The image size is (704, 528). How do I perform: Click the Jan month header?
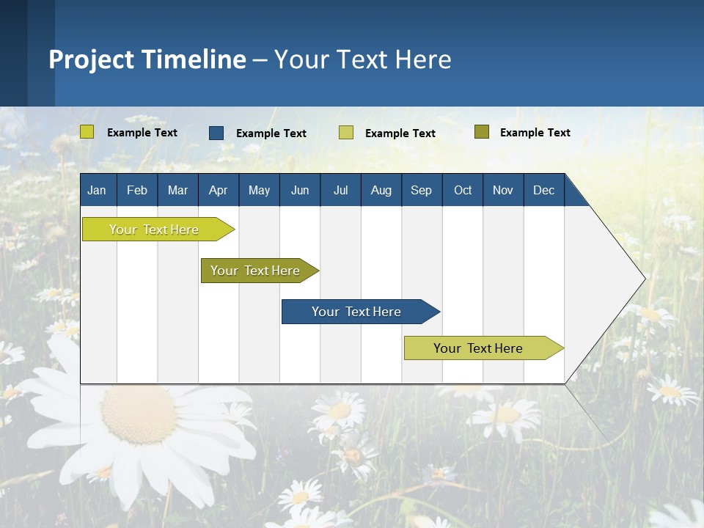pos(97,190)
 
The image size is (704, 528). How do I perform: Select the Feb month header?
pos(137,190)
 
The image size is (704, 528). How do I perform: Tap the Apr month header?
pos(218,190)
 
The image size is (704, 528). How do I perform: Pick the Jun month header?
pos(300,190)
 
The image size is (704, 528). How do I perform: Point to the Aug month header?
pos(381,190)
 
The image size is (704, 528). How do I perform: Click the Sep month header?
pos(421,190)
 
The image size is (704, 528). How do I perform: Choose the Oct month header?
pos(463,190)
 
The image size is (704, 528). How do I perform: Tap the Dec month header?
pos(543,190)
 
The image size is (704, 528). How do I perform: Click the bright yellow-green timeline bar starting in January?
pos(154,230)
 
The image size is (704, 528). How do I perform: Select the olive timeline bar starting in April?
pos(255,271)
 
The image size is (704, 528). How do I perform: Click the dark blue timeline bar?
pos(356,312)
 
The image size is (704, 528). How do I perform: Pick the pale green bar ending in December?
pos(478,348)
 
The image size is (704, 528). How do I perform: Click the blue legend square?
pos(216,133)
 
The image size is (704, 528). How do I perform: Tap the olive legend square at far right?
pos(481,132)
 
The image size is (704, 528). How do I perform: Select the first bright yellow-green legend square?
pos(87,132)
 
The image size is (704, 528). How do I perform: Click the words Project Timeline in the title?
pos(147,59)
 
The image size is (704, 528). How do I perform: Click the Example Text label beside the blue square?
pos(271,133)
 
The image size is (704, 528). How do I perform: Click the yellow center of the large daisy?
pos(139,414)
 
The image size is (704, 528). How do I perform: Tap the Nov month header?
pos(503,190)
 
